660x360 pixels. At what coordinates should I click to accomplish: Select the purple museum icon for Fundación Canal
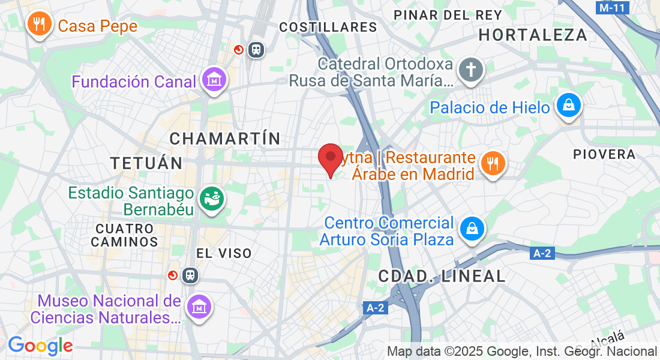214,80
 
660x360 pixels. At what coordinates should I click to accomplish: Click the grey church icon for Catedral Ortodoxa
471,70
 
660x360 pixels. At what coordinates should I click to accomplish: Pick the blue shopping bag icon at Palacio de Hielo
567,106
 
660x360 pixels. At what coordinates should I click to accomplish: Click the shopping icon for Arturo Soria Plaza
472,229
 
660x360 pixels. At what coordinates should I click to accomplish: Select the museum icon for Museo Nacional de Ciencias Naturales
198,307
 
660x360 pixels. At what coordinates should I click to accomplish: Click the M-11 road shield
612,8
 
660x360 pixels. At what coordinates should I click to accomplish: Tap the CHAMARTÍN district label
225,139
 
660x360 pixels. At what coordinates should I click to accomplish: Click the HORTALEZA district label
533,35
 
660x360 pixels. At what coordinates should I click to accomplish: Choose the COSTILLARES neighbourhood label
328,27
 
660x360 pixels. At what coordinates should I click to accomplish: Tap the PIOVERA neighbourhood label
604,154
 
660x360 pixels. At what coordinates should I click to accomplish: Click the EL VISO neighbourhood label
224,253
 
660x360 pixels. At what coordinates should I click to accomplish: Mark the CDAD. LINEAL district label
442,276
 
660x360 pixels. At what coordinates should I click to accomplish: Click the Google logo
40,346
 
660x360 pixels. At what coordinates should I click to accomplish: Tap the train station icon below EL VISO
191,275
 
